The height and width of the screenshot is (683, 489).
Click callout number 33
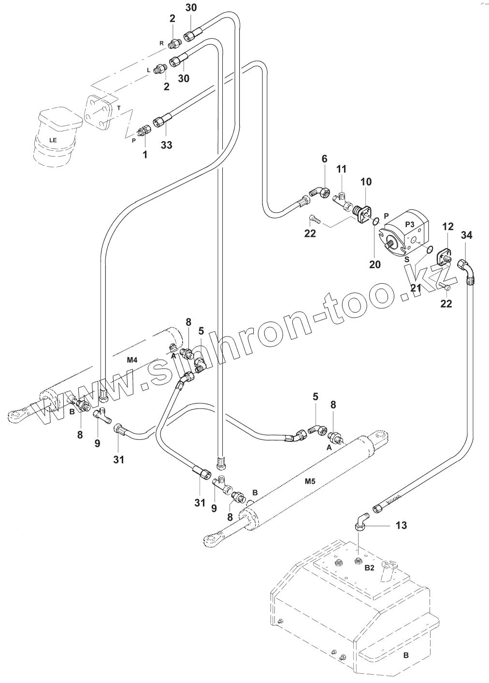point(166,145)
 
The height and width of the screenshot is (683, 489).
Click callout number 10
point(366,182)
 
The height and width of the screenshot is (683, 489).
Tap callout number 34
point(466,235)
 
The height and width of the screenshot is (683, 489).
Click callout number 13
point(401,525)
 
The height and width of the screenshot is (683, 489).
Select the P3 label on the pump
point(410,224)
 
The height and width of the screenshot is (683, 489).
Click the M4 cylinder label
point(132,360)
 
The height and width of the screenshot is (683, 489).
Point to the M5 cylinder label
point(310,481)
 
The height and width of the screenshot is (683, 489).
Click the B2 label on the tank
point(369,568)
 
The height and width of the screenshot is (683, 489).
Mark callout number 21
point(416,288)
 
